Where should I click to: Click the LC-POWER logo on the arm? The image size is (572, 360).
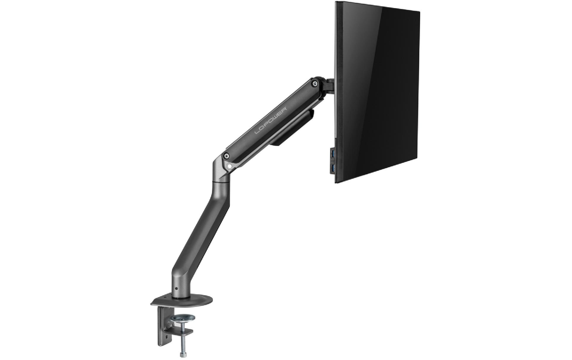click(271, 113)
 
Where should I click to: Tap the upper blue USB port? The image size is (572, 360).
click(332, 154)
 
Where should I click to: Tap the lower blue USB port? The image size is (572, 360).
click(332, 169)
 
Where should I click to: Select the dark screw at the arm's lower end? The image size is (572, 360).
click(226, 155)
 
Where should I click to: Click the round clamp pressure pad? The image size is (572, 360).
click(183, 319)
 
